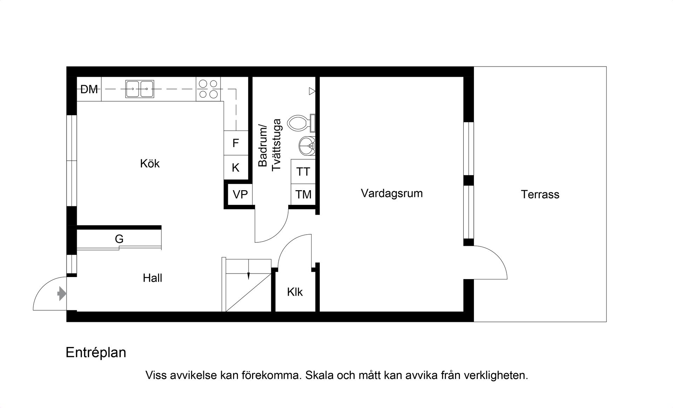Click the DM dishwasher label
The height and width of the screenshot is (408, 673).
(89, 89)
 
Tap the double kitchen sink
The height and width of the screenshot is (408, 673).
(140, 89)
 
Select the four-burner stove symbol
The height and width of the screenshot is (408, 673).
(209, 89)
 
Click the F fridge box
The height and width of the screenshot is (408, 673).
(236, 143)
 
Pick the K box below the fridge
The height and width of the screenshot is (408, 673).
(236, 168)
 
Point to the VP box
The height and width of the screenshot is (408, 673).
(240, 194)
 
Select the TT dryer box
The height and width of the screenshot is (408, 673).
(303, 172)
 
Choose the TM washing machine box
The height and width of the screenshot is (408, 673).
(303, 194)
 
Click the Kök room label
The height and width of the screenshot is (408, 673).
(150, 164)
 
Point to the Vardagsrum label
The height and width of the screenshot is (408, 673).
(392, 193)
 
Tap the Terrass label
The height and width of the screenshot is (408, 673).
(540, 194)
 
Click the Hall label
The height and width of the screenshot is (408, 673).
(152, 278)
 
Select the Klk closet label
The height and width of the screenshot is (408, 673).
(294, 292)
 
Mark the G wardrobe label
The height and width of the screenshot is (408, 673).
(119, 239)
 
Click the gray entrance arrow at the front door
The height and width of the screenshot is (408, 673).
(62, 293)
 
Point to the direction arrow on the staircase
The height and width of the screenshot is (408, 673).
(248, 275)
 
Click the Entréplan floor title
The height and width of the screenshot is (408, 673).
(96, 352)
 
